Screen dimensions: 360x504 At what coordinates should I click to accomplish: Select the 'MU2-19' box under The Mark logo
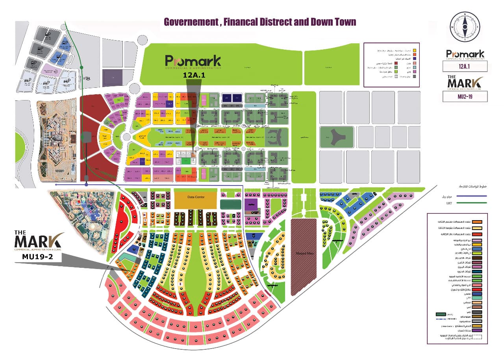coord(465,96)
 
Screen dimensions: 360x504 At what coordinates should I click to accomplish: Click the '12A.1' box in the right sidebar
coord(465,66)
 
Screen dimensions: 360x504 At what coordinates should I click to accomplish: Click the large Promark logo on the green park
coord(193,62)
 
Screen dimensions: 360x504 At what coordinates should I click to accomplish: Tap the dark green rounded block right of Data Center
coord(230,204)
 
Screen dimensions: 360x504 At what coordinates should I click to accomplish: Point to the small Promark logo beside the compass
coord(465,55)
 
